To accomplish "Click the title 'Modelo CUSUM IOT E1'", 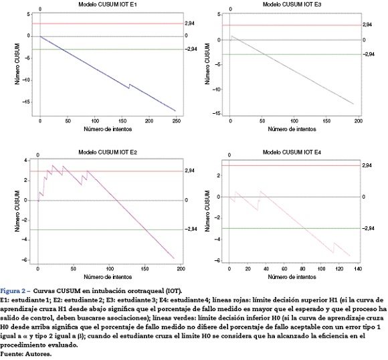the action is point(108,4).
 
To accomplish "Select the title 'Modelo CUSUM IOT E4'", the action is point(292,152).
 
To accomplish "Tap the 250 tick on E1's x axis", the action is point(176,121).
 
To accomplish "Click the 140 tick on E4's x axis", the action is point(358,268).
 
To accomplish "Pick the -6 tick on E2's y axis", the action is point(25,260).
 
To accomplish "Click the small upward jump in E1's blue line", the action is point(129,86).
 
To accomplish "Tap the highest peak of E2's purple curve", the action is point(52,165).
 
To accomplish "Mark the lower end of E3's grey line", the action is point(353,104).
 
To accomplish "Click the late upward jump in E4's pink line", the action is point(334,248).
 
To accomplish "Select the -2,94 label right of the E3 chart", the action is point(369,54).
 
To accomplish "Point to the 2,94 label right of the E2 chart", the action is point(189,171).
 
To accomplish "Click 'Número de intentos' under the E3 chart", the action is point(292,129).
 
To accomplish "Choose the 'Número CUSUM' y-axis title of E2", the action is point(17,211).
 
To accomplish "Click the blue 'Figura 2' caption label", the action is point(15,290).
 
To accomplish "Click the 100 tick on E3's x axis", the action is point(294,121).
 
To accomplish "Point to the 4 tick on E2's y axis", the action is point(25,161).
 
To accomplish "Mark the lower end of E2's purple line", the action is point(174,258).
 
